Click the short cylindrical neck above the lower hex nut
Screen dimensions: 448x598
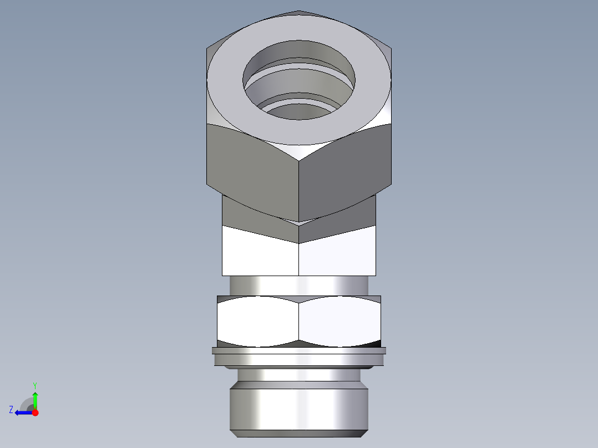tap(299, 286)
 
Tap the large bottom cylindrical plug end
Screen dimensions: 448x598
tap(299, 408)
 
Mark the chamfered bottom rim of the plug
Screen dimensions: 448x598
tap(299, 433)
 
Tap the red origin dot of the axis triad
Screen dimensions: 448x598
tap(35, 413)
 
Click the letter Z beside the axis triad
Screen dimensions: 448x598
tap(11, 409)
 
